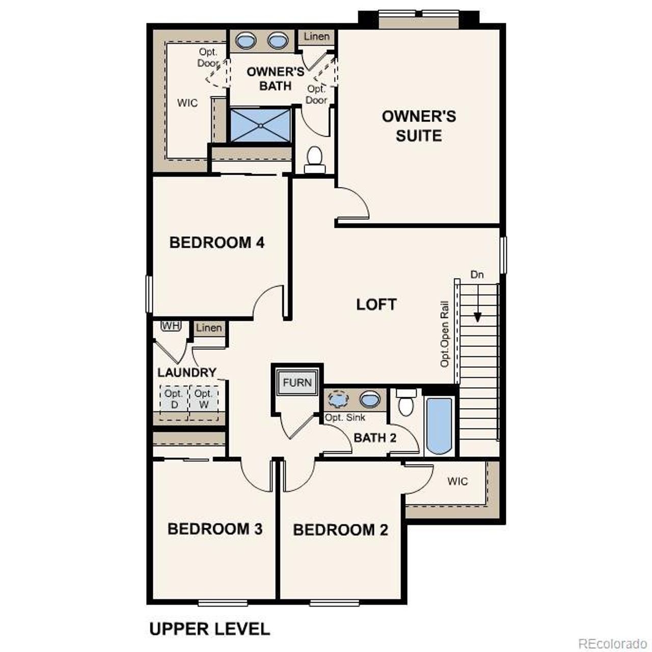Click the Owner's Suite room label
click(419, 126)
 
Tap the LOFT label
click(376, 305)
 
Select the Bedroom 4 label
click(216, 242)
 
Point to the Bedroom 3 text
click(214, 529)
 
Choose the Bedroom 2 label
click(340, 530)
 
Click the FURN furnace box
click(297, 382)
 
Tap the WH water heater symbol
click(170, 325)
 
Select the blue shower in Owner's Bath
click(260, 125)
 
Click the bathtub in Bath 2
click(439, 426)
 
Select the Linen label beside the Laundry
click(209, 328)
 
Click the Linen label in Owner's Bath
click(317, 37)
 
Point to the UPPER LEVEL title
click(209, 629)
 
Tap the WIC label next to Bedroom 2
click(457, 481)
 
